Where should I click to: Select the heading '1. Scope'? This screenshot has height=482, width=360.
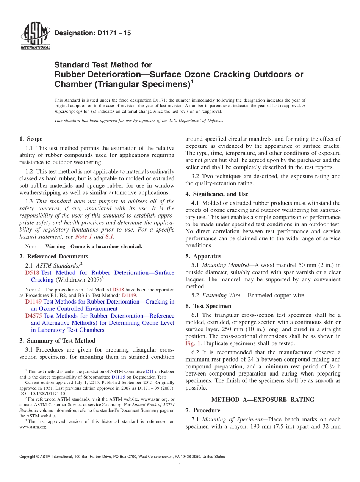click(31, 139)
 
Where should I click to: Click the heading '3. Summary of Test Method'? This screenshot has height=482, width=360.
click(57, 341)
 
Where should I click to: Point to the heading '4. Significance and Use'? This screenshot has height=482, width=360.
click(217, 194)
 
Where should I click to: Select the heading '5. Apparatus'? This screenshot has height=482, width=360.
click(203, 256)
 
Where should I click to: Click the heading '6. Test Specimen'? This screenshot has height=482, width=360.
click(208, 306)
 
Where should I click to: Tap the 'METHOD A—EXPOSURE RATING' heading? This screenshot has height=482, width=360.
click(263, 399)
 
